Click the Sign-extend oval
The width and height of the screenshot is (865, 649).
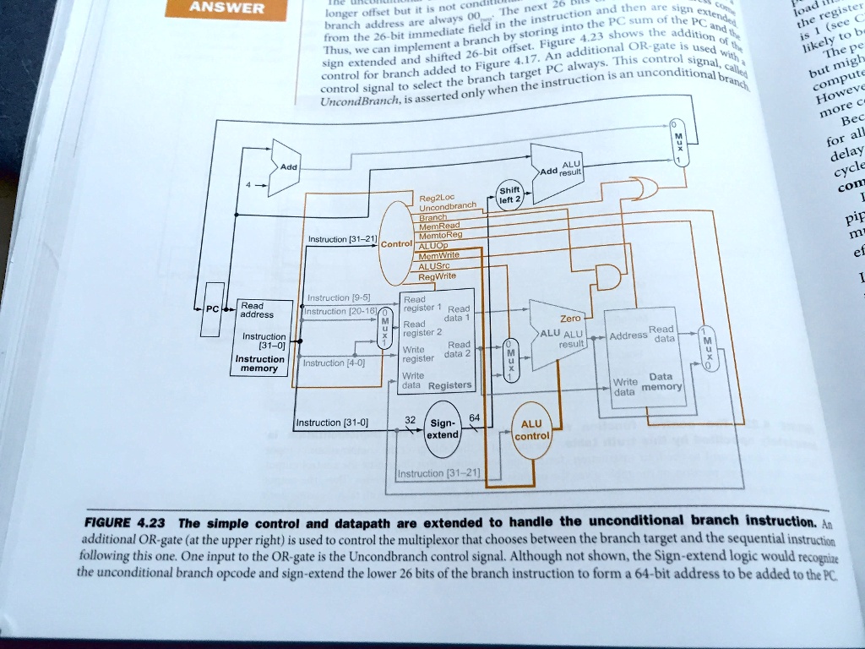(x=443, y=428)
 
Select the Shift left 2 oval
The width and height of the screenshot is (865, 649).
(x=509, y=194)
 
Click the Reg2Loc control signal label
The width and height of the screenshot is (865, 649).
(x=436, y=199)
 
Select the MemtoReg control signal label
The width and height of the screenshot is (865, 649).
(x=440, y=237)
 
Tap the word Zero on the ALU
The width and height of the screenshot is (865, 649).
(x=570, y=319)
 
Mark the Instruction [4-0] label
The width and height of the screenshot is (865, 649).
(x=334, y=363)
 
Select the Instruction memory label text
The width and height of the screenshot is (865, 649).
(x=260, y=363)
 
